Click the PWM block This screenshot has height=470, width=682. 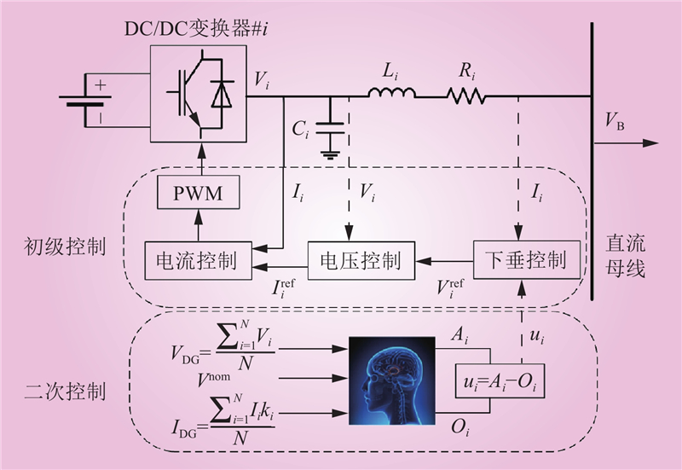click(x=199, y=193)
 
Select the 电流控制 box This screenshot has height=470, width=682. click(x=198, y=261)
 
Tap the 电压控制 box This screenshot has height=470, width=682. click(x=361, y=261)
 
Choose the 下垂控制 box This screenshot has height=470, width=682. click(x=526, y=259)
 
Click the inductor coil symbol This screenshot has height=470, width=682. click(x=392, y=93)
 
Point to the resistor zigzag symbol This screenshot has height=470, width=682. click(x=465, y=96)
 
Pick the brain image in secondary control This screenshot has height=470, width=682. click(x=392, y=380)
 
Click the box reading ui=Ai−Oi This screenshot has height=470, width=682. click(x=500, y=380)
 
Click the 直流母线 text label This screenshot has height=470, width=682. click(x=625, y=256)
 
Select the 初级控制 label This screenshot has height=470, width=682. click(x=65, y=247)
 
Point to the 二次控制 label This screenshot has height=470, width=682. click(x=65, y=392)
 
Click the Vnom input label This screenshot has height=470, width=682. click(x=214, y=379)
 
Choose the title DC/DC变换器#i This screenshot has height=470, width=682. click(x=196, y=29)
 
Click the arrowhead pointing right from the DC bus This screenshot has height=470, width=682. click(x=650, y=143)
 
